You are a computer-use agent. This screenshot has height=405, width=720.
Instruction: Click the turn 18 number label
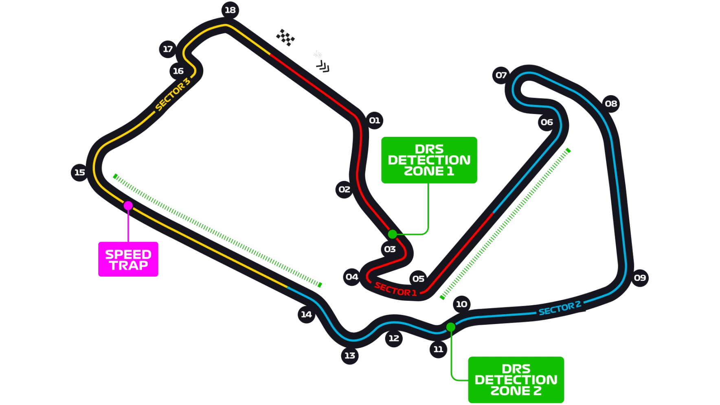pyautogui.click(x=230, y=10)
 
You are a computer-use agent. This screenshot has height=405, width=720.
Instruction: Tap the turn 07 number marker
pyautogui.click(x=501, y=75)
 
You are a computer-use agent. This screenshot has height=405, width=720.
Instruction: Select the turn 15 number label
pyautogui.click(x=79, y=173)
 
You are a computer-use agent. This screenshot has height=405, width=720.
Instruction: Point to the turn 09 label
pyautogui.click(x=640, y=278)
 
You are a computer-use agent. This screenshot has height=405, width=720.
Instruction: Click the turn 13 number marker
pyautogui.click(x=350, y=356)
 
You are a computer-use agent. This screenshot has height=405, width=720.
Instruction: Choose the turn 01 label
pyautogui.click(x=374, y=121)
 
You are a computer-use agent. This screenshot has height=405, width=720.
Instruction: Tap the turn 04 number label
pyautogui.click(x=352, y=277)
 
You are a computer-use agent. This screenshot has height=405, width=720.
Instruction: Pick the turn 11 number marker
pyautogui.click(x=438, y=349)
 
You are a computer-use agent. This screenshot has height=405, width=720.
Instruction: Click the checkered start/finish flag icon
pyautogui.click(x=285, y=37)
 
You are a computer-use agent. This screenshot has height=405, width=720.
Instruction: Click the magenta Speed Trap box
pyautogui.click(x=128, y=259)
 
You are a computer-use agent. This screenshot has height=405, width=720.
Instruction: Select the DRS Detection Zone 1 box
pyautogui.click(x=429, y=160)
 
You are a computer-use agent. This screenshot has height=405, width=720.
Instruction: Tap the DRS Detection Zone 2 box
pyautogui.click(x=516, y=380)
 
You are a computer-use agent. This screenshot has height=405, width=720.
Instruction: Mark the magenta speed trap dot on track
pyautogui.click(x=128, y=206)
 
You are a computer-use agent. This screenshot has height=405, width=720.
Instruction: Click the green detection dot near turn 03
pyautogui.click(x=392, y=234)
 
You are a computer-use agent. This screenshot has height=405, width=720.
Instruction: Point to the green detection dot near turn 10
pyautogui.click(x=450, y=327)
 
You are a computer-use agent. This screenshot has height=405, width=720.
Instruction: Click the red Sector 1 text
pyautogui.click(x=395, y=289)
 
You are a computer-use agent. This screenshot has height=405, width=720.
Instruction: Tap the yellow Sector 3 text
pyautogui.click(x=173, y=94)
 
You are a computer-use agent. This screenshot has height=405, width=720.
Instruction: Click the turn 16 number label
pyautogui.click(x=178, y=71)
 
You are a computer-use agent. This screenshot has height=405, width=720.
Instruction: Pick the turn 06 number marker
pyautogui.click(x=547, y=123)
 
